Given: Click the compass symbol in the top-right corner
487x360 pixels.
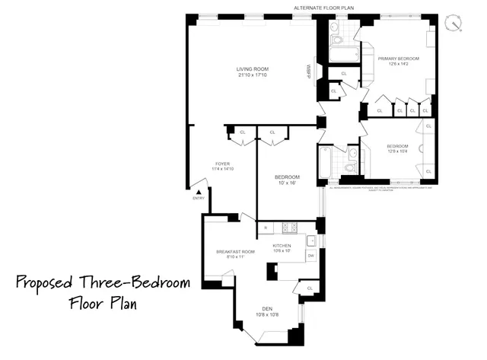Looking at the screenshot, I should [455, 22].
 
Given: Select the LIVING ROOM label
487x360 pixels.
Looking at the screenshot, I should [253, 69].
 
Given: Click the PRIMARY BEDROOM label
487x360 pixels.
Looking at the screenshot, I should [399, 58].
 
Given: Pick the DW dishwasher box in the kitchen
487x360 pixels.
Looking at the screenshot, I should [310, 256].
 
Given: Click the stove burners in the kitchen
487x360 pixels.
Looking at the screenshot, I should [289, 226].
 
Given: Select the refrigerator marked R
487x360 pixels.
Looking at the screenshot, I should [265, 227].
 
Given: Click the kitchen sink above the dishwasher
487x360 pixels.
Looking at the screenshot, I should [310, 241].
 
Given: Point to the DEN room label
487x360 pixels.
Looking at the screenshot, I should [263, 308].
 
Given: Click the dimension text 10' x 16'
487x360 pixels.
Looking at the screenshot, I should [287, 183].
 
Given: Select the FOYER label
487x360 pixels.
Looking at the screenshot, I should [222, 163].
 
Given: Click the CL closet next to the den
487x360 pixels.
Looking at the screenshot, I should [310, 288].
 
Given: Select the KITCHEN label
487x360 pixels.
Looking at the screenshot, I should [282, 245].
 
